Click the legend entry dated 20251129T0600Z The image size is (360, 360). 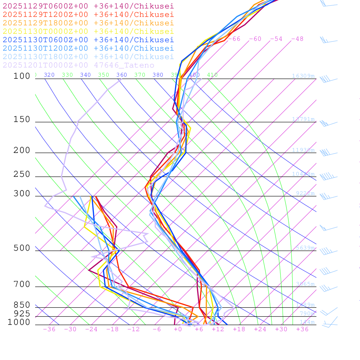pyautogui.click(x=88, y=6)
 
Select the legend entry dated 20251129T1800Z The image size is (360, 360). pyautogui.click(x=88, y=23)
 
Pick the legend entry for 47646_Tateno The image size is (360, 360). pyautogui.click(x=78, y=65)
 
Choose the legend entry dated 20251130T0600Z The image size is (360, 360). pyautogui.click(x=88, y=40)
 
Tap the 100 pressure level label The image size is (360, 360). pyautogui.click(x=22, y=76)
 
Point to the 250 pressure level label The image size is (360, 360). pyautogui.click(x=22, y=174)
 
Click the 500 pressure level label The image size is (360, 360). pyautogui.click(x=22, y=248)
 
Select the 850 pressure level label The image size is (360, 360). pyautogui.click(x=22, y=305)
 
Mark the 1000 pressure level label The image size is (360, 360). pyautogui.click(x=19, y=322)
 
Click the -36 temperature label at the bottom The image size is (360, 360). pyautogui.click(x=49, y=329)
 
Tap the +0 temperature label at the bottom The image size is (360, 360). pyautogui.click(x=178, y=329)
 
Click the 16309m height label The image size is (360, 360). pyautogui.click(x=303, y=76)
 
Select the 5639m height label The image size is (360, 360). pyautogui.click(x=303, y=248)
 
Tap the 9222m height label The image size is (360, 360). pyautogui.click(x=305, y=193)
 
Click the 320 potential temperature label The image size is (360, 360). pyautogui.click(x=49, y=75)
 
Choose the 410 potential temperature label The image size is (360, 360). pyautogui.click(x=212, y=75)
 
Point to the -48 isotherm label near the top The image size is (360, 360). pyautogui.click(x=297, y=39)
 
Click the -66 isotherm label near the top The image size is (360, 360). pyautogui.click(x=234, y=39)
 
